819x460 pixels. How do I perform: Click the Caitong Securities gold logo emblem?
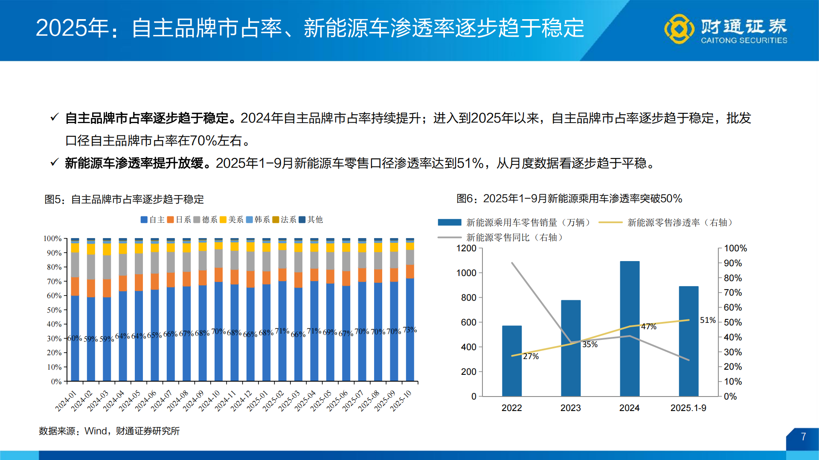point(679,29)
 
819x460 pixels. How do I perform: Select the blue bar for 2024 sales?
point(629,328)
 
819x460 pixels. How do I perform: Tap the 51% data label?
point(707,320)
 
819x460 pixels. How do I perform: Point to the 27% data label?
point(531,356)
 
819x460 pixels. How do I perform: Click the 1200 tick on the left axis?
point(466,248)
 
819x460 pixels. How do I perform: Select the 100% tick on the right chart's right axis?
point(735,248)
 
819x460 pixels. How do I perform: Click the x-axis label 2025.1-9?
point(688,408)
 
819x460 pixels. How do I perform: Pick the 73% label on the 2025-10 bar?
point(409,330)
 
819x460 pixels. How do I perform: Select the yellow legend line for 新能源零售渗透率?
point(610,222)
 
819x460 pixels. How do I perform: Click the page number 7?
point(803,437)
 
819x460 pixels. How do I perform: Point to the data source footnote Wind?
point(96,431)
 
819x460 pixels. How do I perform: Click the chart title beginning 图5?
point(124,199)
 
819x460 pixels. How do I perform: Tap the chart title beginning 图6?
point(569,198)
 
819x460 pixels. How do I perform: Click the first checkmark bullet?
point(54,117)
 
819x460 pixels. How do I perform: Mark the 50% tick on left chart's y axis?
point(54,310)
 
